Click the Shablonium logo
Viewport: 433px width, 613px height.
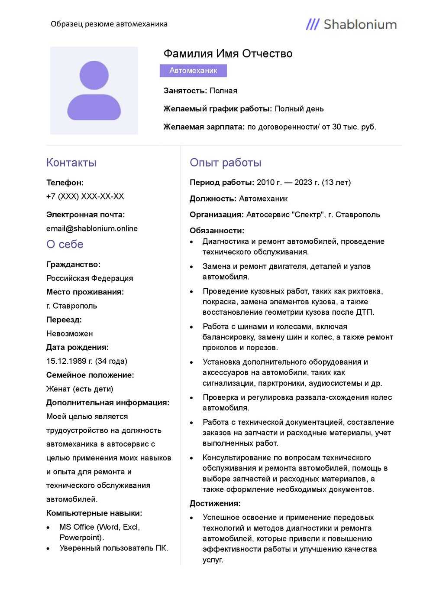pos(351,24)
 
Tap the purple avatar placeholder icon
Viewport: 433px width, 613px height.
pos(94,91)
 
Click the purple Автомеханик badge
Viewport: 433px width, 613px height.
pos(193,71)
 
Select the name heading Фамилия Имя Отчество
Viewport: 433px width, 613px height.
pos(228,54)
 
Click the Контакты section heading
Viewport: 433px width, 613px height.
pos(71,163)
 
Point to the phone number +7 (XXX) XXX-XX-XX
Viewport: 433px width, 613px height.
pos(85,196)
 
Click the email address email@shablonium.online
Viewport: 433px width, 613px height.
pos(92,228)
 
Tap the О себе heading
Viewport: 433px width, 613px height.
pos(65,245)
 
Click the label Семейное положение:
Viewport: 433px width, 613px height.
pos(90,375)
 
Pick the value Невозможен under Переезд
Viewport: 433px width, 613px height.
pos(70,333)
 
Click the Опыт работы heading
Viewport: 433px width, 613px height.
pos(226,163)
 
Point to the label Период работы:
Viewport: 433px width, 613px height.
pos(222,183)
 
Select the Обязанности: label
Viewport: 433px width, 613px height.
pos(217,231)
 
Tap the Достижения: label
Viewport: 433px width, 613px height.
pos(215,504)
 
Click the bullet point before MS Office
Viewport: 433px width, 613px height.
pos(48,528)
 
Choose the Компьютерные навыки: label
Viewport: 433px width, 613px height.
pos(94,513)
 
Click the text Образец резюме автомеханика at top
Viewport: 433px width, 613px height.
pos(109,24)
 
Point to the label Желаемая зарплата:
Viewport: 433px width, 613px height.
pos(204,127)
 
